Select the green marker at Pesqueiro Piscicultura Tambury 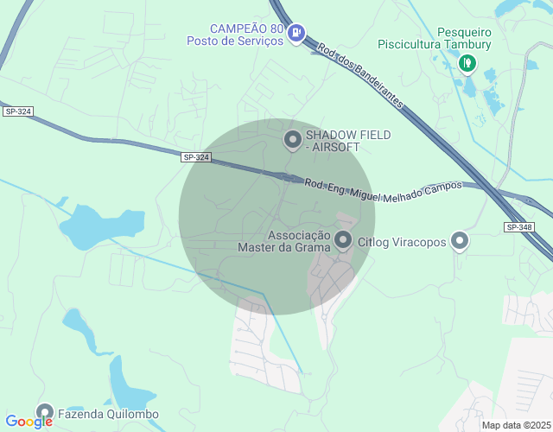467,62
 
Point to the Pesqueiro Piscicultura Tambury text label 434,39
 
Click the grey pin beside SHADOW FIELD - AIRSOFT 293,138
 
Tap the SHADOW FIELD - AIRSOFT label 348,141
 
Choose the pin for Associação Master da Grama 343,240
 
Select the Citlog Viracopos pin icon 460,241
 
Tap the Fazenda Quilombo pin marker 44,413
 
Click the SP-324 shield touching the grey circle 196,157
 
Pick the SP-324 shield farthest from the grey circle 17,111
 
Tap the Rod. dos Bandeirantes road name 359,75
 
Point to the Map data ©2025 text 516,425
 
